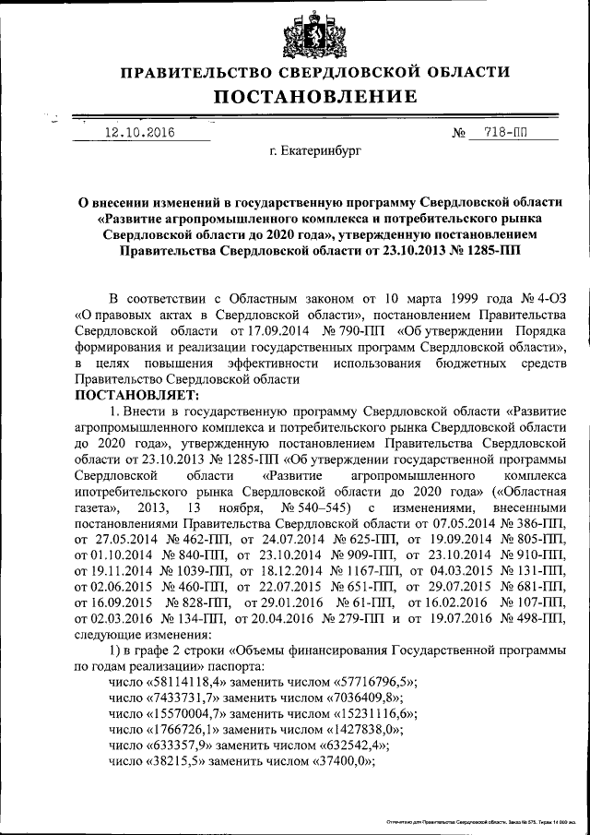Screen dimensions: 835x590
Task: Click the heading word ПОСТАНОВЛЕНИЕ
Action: (x=315, y=97)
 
